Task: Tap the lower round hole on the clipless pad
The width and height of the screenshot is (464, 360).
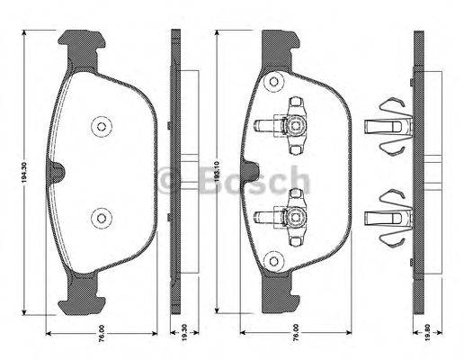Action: pos(99,215)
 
